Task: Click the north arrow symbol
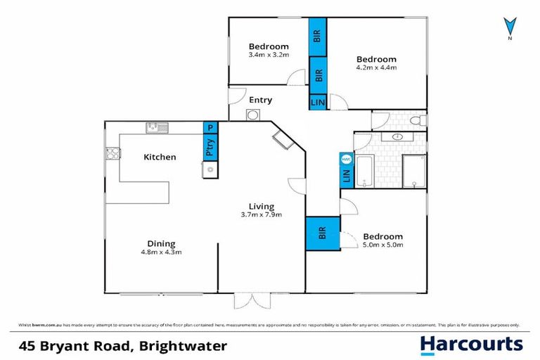(x=508, y=27)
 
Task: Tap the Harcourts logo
(x=471, y=345)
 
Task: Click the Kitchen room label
(x=160, y=157)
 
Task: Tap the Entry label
(x=261, y=100)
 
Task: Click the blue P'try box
(x=210, y=148)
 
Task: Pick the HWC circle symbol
(x=346, y=159)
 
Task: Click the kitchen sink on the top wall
(x=157, y=127)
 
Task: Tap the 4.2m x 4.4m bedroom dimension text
(x=376, y=68)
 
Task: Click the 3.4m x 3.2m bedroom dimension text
(x=269, y=54)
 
